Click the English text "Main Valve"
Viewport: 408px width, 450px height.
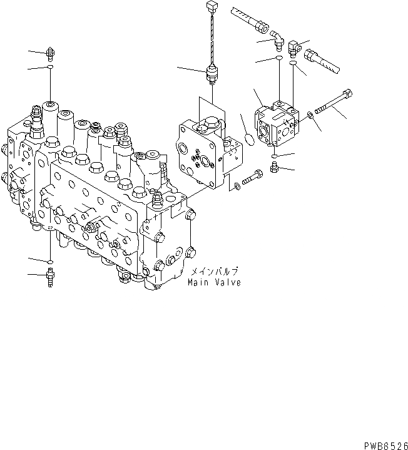pos(214,282)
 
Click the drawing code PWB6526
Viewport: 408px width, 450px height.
pos(384,443)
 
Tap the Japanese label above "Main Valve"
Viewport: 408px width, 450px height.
pos(215,272)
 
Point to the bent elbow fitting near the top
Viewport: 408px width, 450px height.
pos(277,43)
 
